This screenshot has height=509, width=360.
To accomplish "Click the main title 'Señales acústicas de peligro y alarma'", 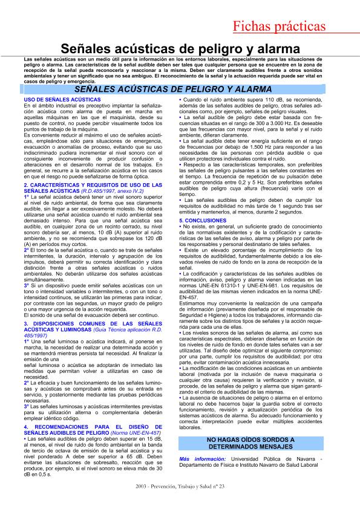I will (x=180, y=49).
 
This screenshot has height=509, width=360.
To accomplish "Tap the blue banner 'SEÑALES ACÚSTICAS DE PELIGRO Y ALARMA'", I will (x=180, y=89).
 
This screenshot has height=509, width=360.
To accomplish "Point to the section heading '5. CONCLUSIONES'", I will (x=203, y=221).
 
